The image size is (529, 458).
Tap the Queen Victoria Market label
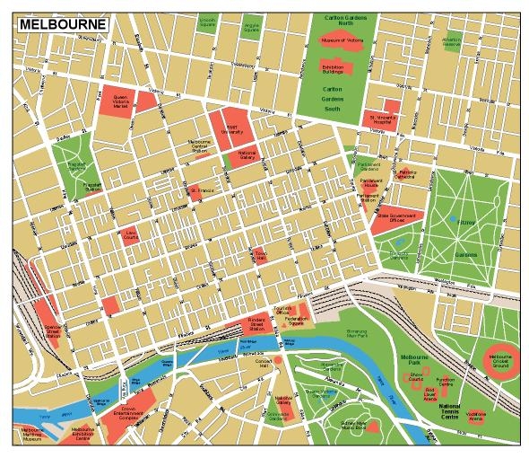[121, 101]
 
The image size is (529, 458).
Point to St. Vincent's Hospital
[381, 118]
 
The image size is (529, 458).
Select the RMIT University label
[230, 128]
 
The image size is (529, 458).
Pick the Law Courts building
[130, 236]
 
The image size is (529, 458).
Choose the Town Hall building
[259, 255]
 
